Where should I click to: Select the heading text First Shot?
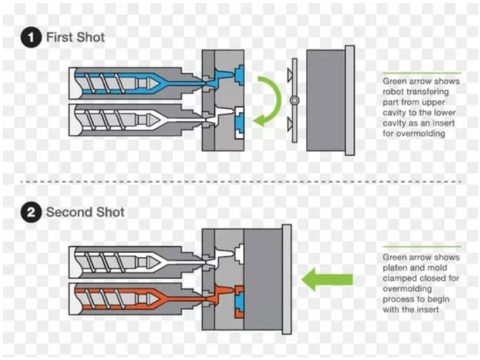point(75,38)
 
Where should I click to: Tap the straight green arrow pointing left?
point(327,279)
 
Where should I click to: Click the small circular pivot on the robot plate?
point(293,100)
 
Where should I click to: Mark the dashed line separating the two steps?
point(240,181)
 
